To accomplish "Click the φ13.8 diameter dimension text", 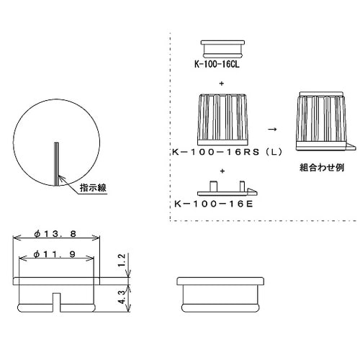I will (x=55, y=234).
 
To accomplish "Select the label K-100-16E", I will (x=214, y=203).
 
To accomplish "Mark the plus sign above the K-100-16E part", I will (x=222, y=171).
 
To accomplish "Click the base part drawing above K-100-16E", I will (x=223, y=188).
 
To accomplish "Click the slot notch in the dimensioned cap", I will (x=55, y=300).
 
